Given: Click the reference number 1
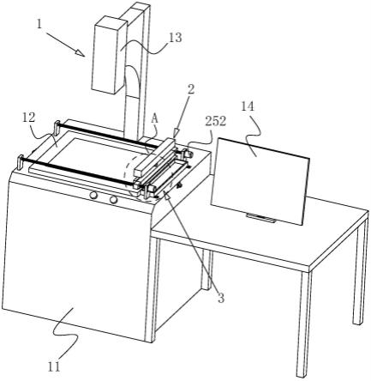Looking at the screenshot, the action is tap(39, 24).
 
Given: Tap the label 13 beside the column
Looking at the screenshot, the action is tap(175, 38).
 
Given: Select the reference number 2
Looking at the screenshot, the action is tap(191, 89).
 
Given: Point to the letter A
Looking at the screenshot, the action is tap(154, 119).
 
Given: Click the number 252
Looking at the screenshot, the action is tap(216, 121).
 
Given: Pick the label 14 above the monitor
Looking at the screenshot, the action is tap(248, 106).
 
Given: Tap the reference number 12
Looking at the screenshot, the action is tap(28, 118).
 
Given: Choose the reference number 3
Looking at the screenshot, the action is tap(221, 298).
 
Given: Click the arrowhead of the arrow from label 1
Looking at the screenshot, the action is tap(81, 53).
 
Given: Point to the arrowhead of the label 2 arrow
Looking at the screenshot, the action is tap(176, 134).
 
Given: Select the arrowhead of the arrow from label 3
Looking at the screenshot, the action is tap(166, 196).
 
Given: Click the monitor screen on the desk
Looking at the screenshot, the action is tap(260, 181).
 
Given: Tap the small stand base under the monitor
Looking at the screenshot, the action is tap(261, 217).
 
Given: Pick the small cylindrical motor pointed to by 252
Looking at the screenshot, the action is tap(188, 154).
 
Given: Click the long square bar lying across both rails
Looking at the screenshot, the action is tap(154, 156).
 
